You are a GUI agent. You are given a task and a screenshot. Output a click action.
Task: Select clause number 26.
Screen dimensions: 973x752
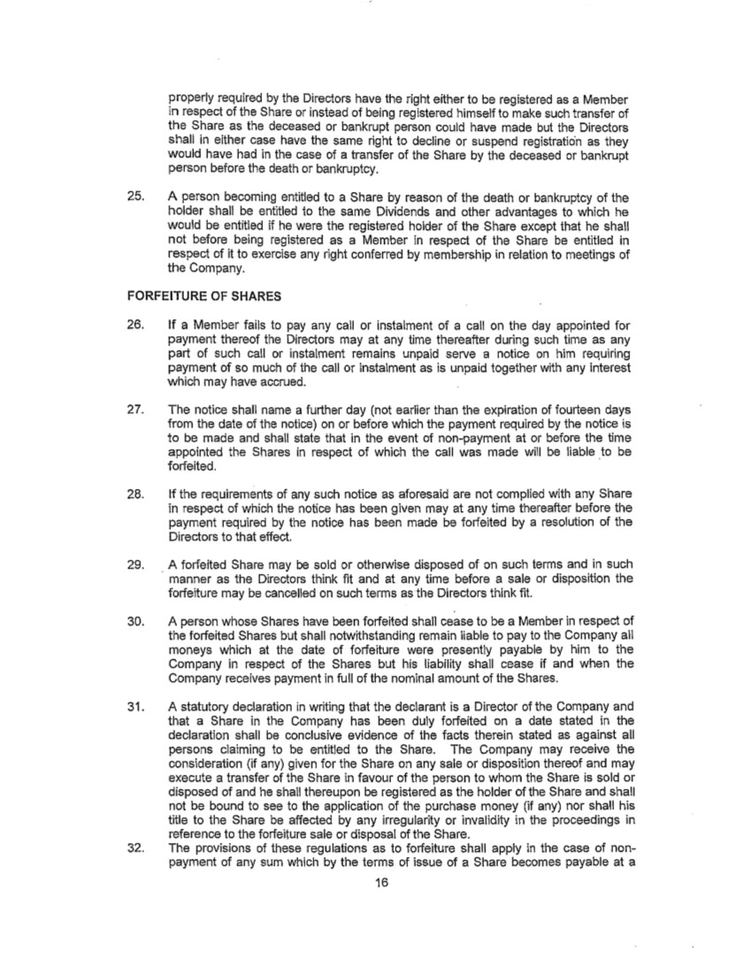pyautogui.click(x=137, y=337)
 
